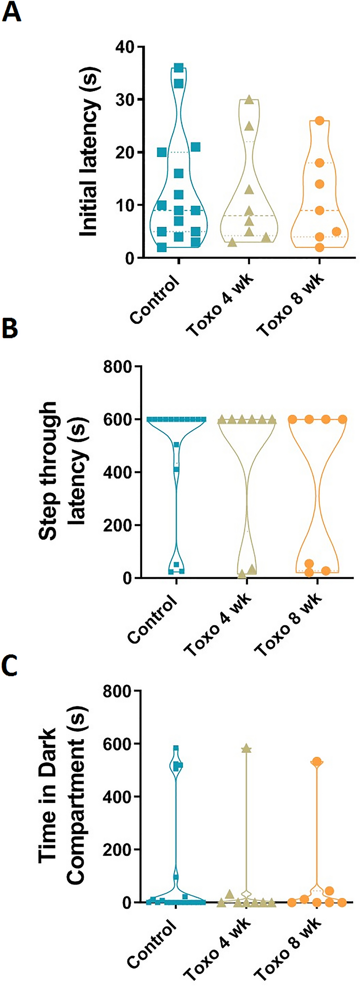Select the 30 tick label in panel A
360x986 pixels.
coord(125,100)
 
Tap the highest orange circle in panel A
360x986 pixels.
coord(320,121)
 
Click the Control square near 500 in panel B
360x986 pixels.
coord(176,445)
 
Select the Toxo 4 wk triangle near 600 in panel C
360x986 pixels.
coord(246,749)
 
